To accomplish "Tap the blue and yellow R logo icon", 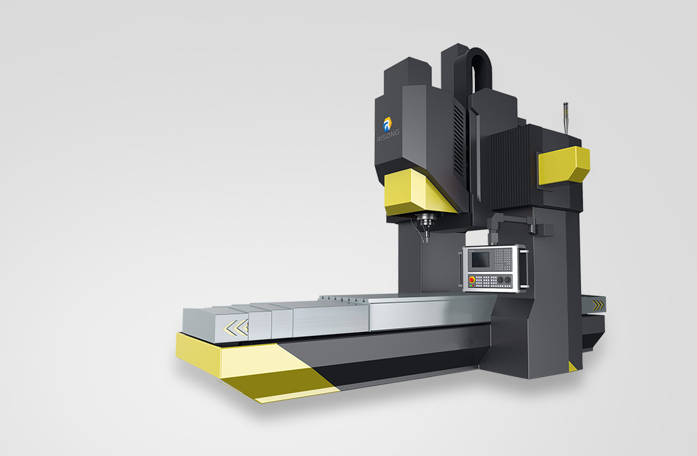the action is point(387,123).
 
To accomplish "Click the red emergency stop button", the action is point(472,280).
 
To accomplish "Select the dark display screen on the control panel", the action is point(480,259).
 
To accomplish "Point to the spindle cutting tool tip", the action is point(427,240).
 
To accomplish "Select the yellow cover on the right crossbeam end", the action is point(564,165).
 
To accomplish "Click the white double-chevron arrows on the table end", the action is point(237,328).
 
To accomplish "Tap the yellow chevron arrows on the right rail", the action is point(599,304).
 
